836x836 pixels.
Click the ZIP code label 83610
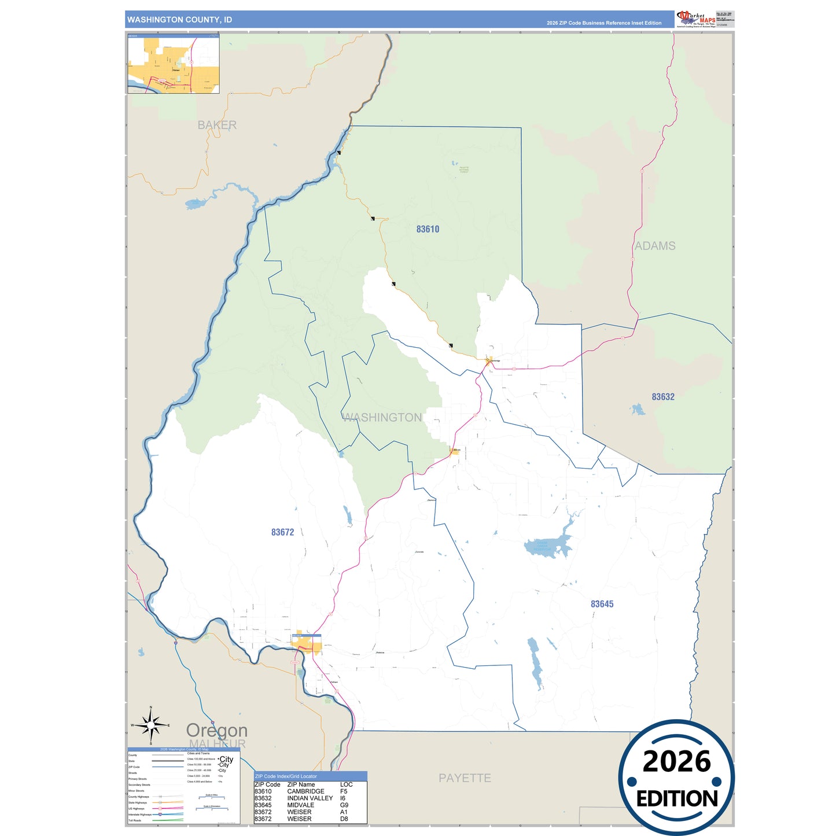[x=428, y=229]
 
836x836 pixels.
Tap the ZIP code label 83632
[x=663, y=397]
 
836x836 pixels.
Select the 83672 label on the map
[x=282, y=532]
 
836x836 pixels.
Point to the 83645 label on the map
[x=602, y=604]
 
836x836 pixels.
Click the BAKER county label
[x=217, y=125]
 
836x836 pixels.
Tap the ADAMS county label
[x=655, y=246]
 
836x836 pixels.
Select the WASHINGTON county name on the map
[x=382, y=418]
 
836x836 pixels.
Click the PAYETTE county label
[x=465, y=778]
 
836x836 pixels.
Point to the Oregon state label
[x=217, y=730]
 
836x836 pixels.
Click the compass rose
[x=150, y=725]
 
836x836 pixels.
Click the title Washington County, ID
[x=179, y=20]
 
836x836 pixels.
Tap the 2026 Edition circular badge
[x=676, y=778]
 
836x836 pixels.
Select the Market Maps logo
[x=696, y=19]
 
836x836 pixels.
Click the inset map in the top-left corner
[x=174, y=64]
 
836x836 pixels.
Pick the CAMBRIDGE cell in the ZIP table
[x=305, y=791]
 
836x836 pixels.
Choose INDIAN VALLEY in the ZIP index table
[x=310, y=798]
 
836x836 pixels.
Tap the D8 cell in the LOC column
[x=344, y=819]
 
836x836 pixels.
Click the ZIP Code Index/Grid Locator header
[x=286, y=776]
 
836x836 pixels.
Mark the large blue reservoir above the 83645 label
[x=547, y=546]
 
